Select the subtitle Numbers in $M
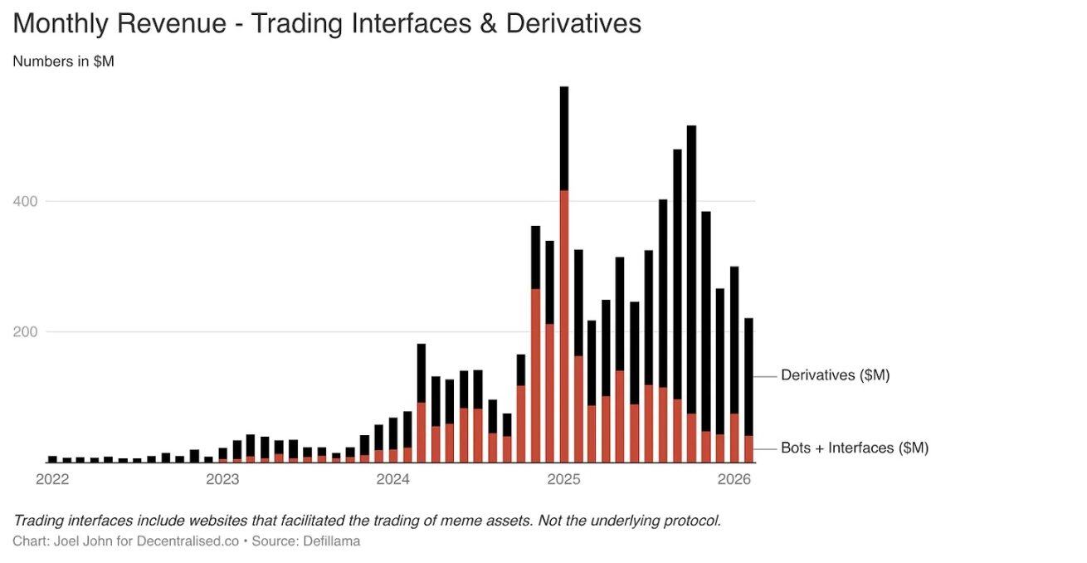click(63, 61)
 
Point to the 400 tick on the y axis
click(26, 201)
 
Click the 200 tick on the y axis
click(26, 332)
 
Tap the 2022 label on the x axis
click(52, 479)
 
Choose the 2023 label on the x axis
click(222, 479)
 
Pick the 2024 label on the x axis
click(393, 479)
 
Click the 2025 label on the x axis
click(563, 479)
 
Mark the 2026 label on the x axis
click(734, 479)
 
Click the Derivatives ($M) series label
click(835, 375)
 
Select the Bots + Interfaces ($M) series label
click(854, 448)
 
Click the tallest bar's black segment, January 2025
click(564, 138)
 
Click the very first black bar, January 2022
click(52, 458)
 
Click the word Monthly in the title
click(60, 23)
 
